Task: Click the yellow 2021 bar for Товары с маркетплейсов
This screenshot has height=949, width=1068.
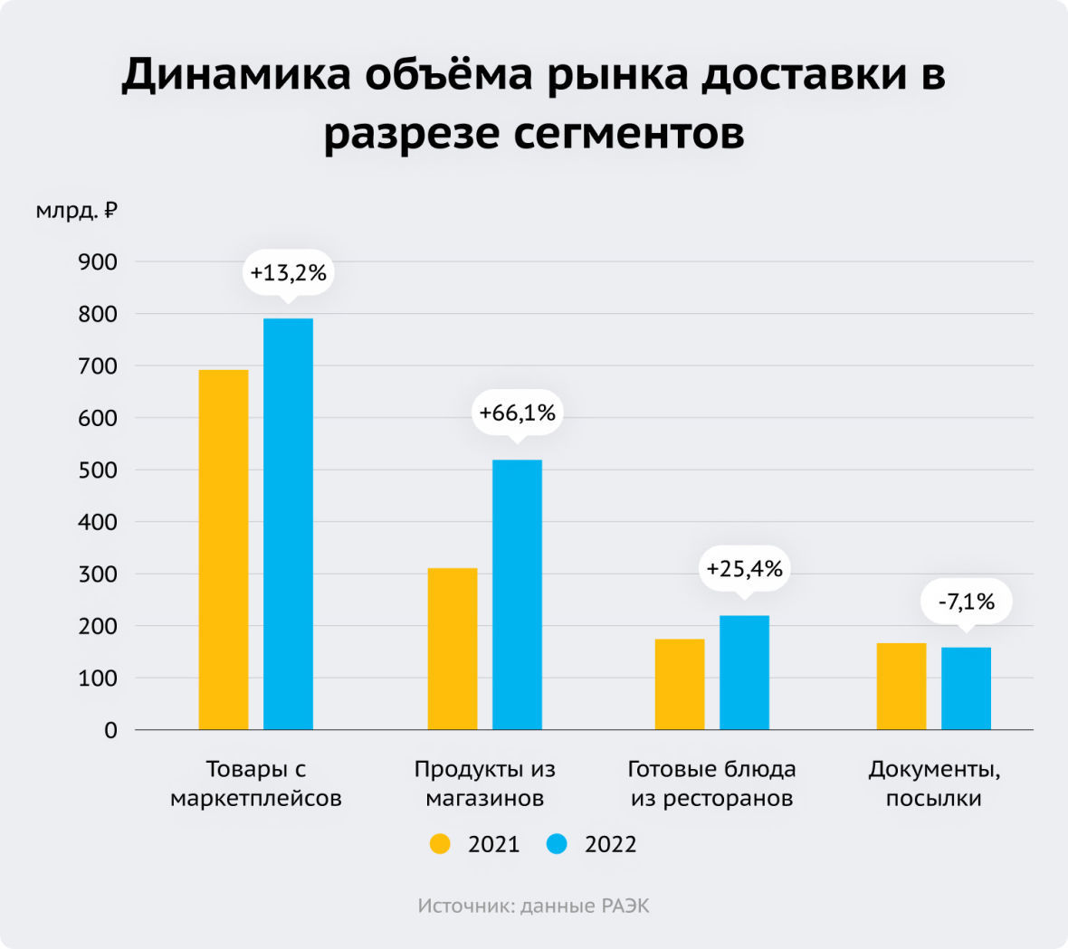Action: [x=224, y=549]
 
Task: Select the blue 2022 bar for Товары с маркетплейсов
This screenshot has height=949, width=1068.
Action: [x=288, y=524]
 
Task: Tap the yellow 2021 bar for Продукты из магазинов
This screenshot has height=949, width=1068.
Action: [x=452, y=649]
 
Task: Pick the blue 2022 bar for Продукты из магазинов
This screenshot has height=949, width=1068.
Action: [x=517, y=594]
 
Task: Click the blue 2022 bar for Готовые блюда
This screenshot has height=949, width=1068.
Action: [x=744, y=672]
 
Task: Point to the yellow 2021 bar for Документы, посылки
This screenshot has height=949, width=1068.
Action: [x=901, y=686]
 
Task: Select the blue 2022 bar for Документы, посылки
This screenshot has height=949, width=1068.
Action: [x=966, y=688]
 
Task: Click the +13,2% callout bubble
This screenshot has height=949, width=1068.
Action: [x=288, y=271]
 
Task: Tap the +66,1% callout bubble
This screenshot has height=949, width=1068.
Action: [x=517, y=413]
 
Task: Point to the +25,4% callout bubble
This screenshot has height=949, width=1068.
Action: [x=744, y=569]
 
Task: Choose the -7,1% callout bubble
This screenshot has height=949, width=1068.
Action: [x=966, y=601]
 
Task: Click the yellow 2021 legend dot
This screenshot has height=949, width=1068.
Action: [x=440, y=844]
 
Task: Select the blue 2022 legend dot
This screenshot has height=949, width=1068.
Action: [x=557, y=844]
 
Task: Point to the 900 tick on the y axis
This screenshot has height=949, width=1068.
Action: [x=98, y=262]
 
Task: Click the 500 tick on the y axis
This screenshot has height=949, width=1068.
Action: [x=98, y=470]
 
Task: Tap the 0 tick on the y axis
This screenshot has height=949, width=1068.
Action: [x=110, y=730]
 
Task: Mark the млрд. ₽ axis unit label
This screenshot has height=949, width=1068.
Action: [x=77, y=211]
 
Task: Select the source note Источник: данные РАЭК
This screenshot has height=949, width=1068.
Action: [x=533, y=906]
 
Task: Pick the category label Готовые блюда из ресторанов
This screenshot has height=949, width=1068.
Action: [x=711, y=783]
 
